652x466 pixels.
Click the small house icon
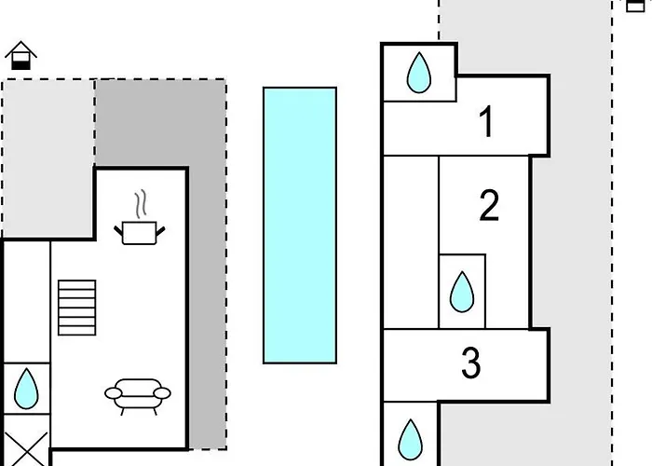click(x=20, y=57)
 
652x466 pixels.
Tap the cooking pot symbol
click(x=140, y=231)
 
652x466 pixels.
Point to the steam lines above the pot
click(x=140, y=202)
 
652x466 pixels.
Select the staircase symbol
click(x=76, y=308)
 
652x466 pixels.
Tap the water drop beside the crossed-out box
click(x=25, y=389)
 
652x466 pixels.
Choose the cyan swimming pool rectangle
click(x=299, y=224)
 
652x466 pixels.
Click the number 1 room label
click(x=485, y=123)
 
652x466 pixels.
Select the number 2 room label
click(x=489, y=206)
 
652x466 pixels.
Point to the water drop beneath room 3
click(x=410, y=438)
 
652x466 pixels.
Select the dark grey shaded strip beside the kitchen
click(x=207, y=280)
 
